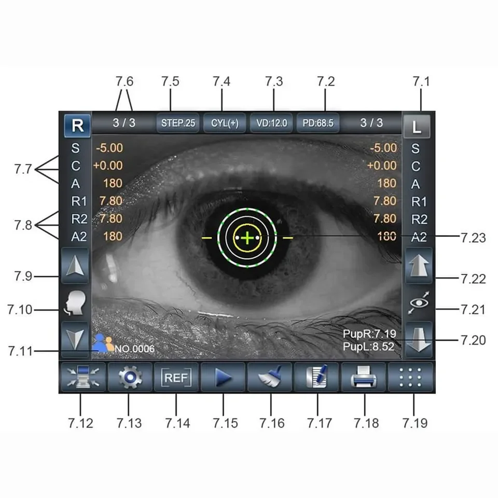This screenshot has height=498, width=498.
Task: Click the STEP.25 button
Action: (x=177, y=123)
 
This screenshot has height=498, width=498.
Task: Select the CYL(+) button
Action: (x=225, y=123)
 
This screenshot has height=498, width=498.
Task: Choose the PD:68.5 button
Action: (x=318, y=123)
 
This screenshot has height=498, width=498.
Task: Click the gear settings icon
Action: (x=130, y=378)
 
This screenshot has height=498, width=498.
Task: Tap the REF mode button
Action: (x=176, y=378)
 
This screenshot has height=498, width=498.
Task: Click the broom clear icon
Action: (x=270, y=378)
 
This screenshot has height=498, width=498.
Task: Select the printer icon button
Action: (x=364, y=378)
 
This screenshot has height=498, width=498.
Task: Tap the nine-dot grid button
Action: (x=411, y=378)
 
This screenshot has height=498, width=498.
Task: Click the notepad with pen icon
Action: (x=317, y=378)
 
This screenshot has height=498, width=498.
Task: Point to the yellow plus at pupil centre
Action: (x=248, y=238)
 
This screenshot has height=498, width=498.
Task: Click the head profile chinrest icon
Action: (x=75, y=303)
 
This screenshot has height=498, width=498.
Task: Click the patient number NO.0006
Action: (x=134, y=349)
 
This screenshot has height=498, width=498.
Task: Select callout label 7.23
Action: (x=473, y=238)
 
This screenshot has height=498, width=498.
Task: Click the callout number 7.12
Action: (x=80, y=423)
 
